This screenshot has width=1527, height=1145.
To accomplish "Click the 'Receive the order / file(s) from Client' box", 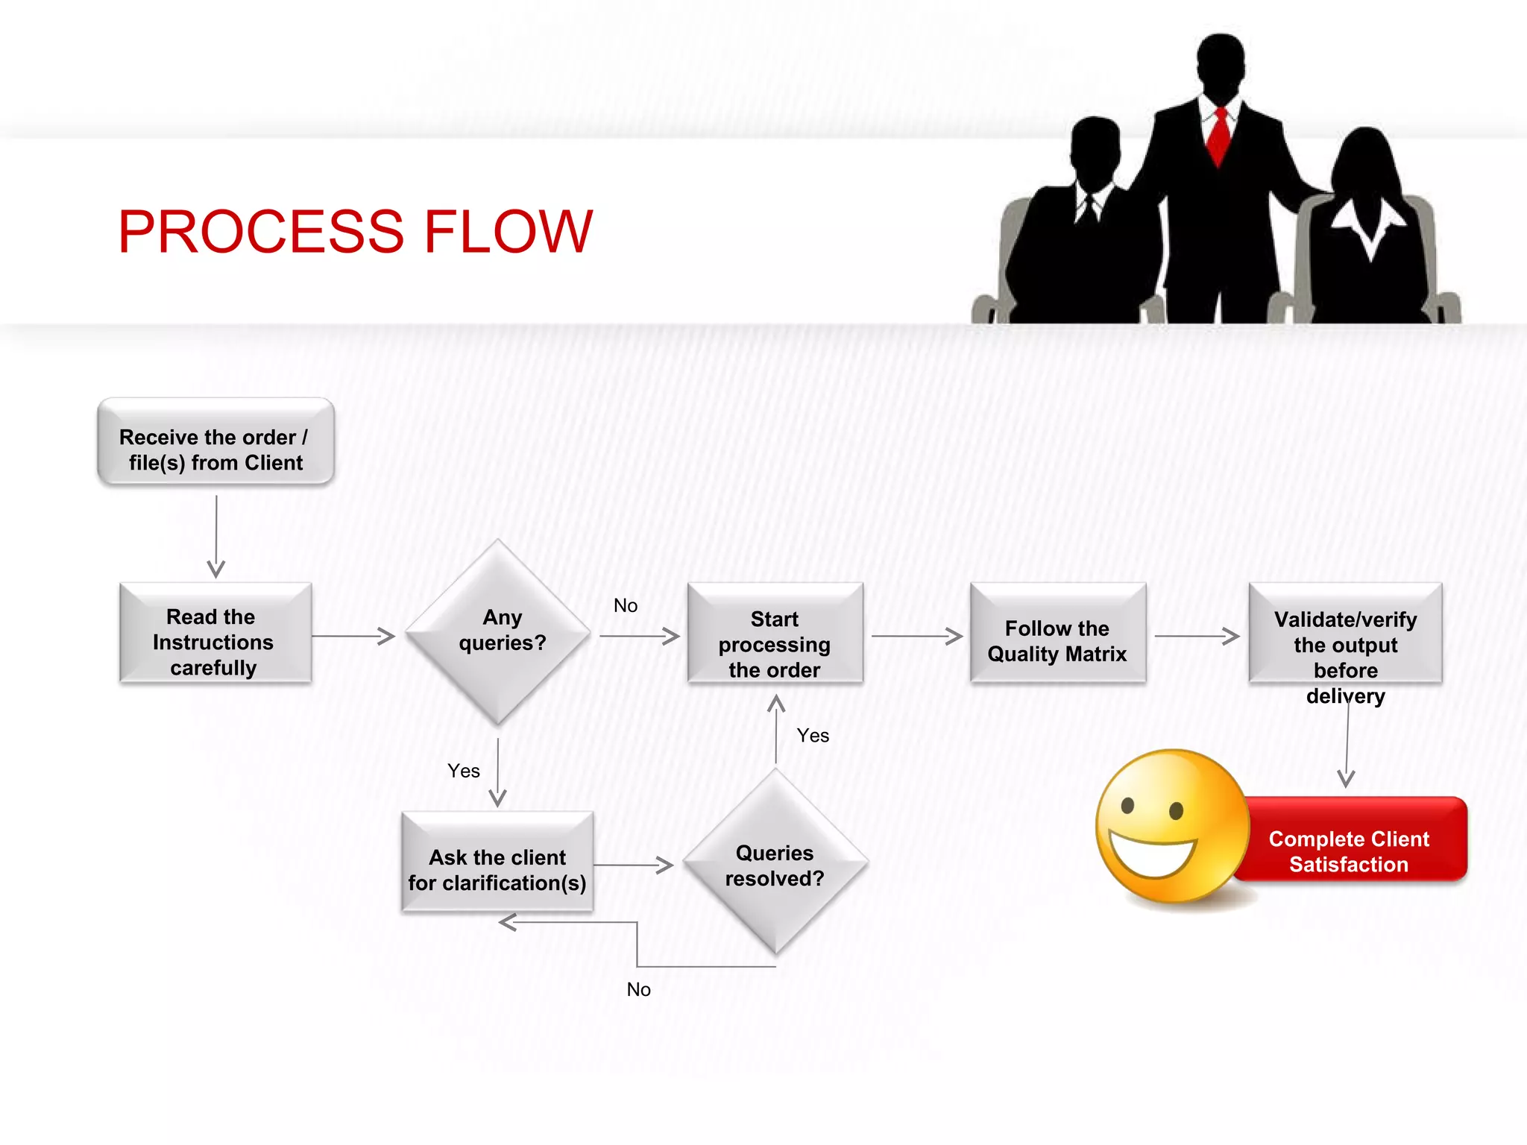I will (215, 442).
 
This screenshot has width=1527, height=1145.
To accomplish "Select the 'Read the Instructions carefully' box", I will (215, 634).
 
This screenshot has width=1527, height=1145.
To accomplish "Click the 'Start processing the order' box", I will (775, 634).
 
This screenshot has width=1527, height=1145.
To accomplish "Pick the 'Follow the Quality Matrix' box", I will (1057, 634).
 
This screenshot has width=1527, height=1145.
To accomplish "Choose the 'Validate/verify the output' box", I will (1345, 634).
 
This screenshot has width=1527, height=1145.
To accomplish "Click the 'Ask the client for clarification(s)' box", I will (497, 862).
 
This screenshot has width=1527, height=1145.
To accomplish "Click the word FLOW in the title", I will (508, 232).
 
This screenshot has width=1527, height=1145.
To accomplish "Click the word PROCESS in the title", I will (261, 232).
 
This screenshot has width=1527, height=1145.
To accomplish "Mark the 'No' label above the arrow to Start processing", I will (626, 606).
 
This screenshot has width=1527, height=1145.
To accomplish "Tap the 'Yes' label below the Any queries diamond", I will (463, 771).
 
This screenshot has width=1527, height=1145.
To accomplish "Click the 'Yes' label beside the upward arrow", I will (813, 736).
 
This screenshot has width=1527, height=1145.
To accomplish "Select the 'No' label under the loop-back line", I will (638, 989).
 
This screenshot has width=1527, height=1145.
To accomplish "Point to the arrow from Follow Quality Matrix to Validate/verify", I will (1196, 636).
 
